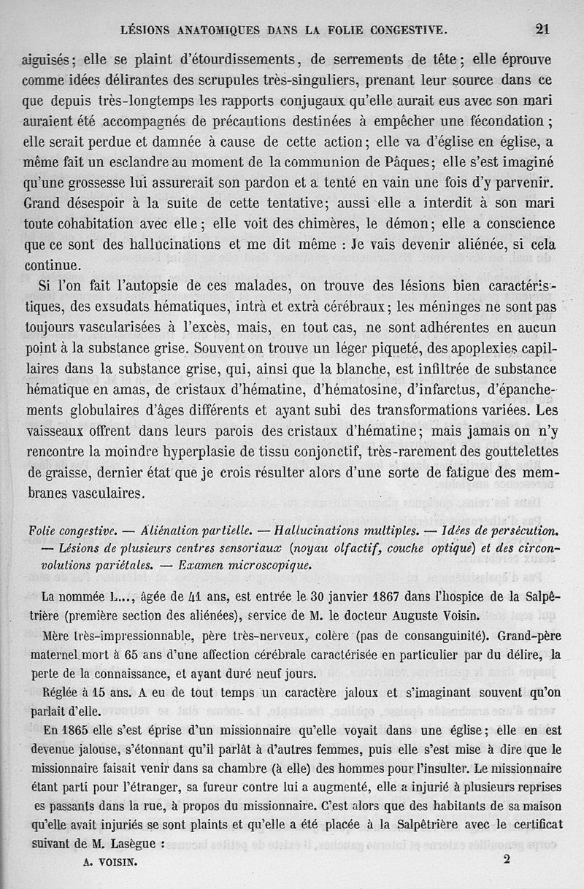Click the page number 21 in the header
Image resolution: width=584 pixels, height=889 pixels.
[542, 29]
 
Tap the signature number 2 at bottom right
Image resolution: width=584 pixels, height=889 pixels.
[506, 859]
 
